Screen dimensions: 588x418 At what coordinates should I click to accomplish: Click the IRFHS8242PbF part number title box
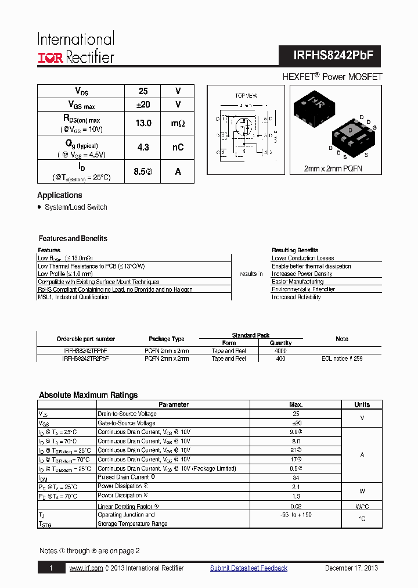(x=330, y=55)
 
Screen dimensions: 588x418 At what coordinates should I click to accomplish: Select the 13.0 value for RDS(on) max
(x=143, y=123)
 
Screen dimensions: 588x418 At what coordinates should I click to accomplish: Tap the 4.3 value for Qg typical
(x=143, y=148)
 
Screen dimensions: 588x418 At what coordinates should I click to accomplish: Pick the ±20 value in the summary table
(x=143, y=105)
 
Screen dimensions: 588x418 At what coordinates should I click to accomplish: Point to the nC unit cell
(x=178, y=148)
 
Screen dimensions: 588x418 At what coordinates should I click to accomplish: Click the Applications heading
(x=60, y=195)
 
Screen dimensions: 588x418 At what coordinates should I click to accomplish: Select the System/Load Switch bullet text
(x=75, y=207)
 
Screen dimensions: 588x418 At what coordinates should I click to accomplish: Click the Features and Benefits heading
(x=73, y=238)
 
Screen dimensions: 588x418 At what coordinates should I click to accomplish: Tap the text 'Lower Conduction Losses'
(x=302, y=258)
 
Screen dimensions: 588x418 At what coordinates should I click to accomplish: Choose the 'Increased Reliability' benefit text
(x=296, y=297)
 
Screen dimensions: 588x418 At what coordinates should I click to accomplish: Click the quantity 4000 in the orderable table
(x=281, y=351)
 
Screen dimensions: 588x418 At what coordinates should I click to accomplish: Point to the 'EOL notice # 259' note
(x=342, y=359)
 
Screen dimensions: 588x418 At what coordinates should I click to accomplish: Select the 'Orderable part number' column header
(x=85, y=339)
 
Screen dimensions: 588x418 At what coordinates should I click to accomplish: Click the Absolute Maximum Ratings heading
(x=88, y=395)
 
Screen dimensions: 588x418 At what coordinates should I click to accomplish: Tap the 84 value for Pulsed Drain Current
(x=296, y=478)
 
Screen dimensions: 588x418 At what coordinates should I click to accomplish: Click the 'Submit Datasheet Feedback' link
(x=248, y=568)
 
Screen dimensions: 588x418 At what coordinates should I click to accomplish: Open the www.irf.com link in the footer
(x=86, y=568)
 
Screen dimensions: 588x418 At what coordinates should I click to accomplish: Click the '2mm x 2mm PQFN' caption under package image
(x=334, y=168)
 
